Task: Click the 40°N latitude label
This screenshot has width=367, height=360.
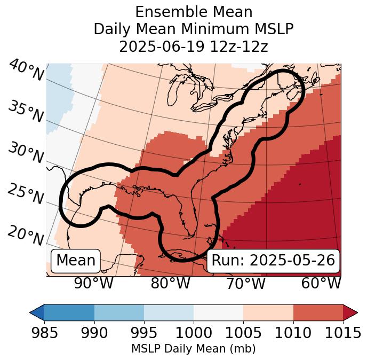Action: [26, 71]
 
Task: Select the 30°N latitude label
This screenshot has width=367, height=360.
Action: [26, 153]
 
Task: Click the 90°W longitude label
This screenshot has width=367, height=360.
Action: [94, 284]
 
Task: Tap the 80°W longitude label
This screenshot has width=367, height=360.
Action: [170, 284]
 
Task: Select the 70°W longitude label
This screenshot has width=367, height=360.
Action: [245, 284]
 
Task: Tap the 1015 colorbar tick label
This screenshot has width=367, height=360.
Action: [342, 333]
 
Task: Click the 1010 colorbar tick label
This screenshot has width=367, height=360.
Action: [293, 333]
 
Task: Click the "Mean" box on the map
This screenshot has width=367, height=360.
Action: [76, 261]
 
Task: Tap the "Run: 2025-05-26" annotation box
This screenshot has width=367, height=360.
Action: [273, 261]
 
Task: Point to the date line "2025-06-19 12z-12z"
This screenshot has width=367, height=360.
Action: [194, 46]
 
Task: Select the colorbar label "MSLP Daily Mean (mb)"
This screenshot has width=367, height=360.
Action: [194, 349]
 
